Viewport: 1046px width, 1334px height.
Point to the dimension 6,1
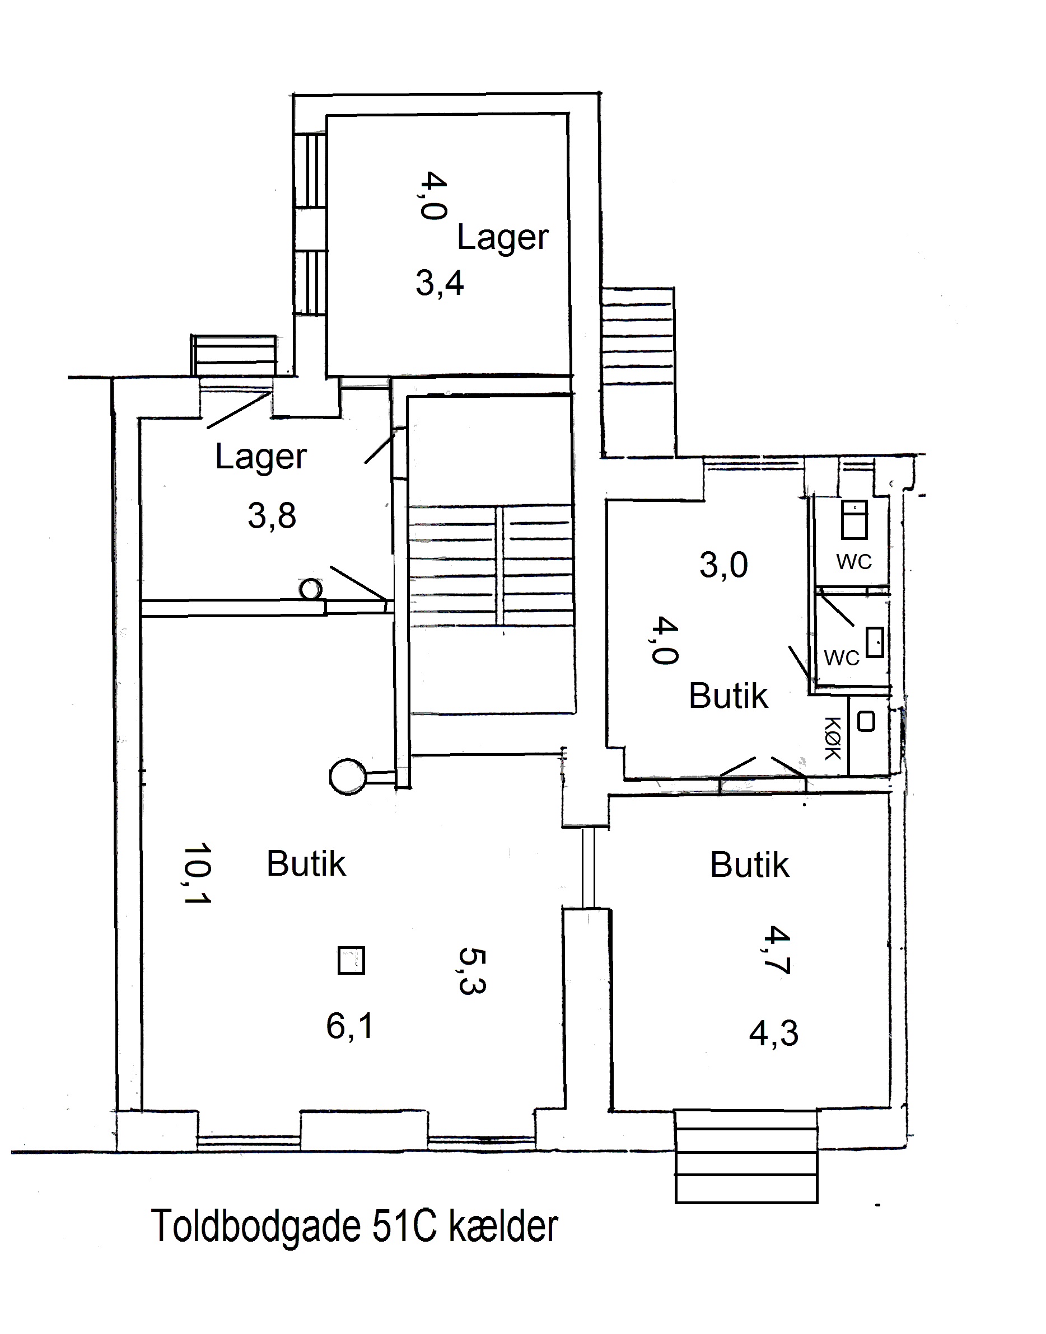point(349,1026)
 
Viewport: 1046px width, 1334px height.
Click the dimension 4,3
point(773,1034)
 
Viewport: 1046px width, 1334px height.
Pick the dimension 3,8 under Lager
point(272,515)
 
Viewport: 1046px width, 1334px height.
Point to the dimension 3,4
point(440,283)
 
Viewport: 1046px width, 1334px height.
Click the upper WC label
point(854,561)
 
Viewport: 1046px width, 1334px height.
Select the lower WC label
point(842,658)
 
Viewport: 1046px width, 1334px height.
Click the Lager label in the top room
point(503,237)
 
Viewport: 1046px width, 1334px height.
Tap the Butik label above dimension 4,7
point(750,865)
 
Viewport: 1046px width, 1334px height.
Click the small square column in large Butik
point(352,960)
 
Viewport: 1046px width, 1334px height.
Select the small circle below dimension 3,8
point(310,589)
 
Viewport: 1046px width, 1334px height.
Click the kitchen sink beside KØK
point(865,721)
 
